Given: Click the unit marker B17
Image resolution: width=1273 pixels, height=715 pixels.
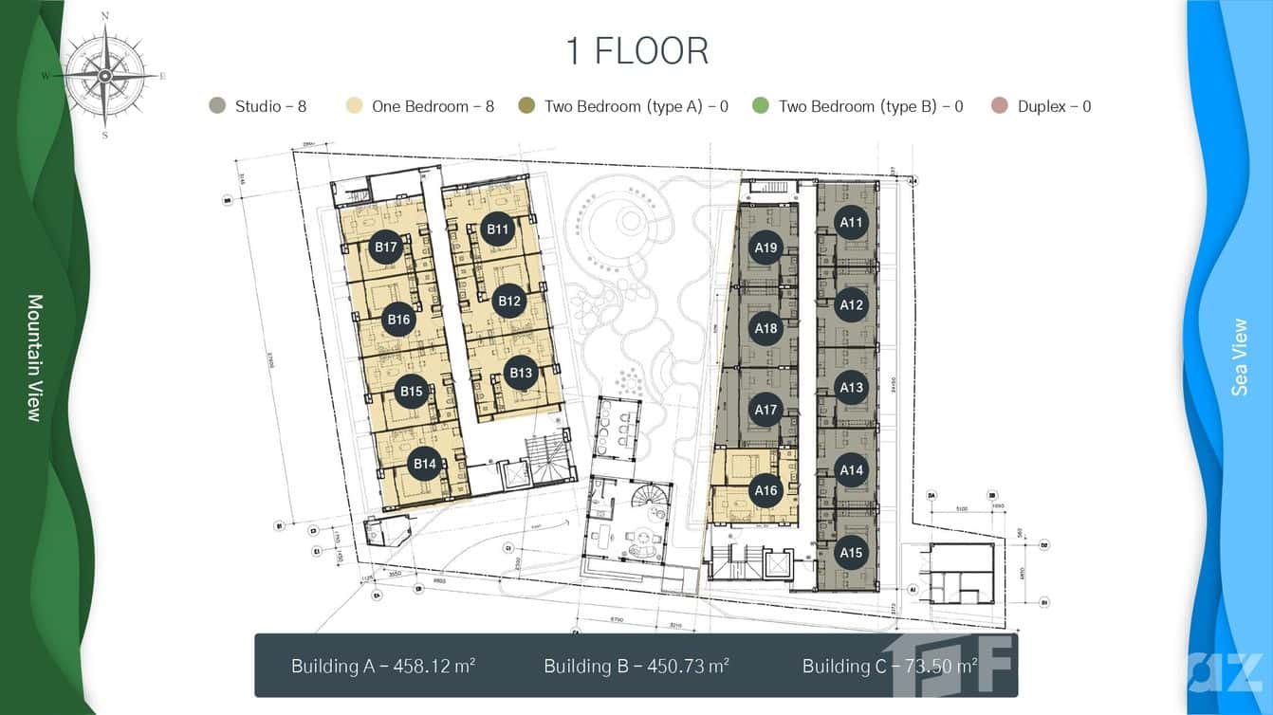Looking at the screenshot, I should pyautogui.click(x=385, y=247).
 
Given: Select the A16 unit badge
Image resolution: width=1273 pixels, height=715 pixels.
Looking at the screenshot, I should pyautogui.click(x=766, y=490).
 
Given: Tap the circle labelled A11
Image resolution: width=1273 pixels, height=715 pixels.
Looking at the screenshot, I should pyautogui.click(x=852, y=223).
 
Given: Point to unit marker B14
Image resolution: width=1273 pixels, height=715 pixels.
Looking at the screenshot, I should pyautogui.click(x=424, y=464).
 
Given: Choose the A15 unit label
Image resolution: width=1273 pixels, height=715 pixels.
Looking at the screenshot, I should pyautogui.click(x=851, y=553).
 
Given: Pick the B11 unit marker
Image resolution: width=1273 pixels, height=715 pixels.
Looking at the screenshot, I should pyautogui.click(x=498, y=229).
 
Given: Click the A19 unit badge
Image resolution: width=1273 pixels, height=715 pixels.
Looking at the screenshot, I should pyautogui.click(x=766, y=248).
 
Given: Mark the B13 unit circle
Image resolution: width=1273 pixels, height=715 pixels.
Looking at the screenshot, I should pyautogui.click(x=521, y=373).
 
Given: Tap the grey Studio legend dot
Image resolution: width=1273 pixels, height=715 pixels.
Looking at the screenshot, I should pyautogui.click(x=217, y=106).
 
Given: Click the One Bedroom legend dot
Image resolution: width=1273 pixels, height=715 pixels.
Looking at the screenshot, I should pyautogui.click(x=354, y=106).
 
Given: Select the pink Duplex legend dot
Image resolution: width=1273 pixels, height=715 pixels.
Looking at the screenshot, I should pyautogui.click(x=999, y=106).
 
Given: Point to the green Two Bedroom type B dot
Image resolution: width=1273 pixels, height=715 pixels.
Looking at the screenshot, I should pyautogui.click(x=760, y=106).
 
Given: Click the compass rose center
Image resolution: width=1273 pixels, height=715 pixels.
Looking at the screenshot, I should pyautogui.click(x=104, y=75).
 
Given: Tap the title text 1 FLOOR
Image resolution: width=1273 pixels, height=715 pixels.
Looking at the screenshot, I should pyautogui.click(x=636, y=51).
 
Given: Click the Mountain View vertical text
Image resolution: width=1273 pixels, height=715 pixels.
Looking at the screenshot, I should pyautogui.click(x=35, y=357).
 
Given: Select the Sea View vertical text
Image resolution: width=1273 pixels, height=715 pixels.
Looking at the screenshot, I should pyautogui.click(x=1239, y=357).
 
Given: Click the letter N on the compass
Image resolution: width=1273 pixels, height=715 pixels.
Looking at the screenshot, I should pyautogui.click(x=104, y=16).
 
